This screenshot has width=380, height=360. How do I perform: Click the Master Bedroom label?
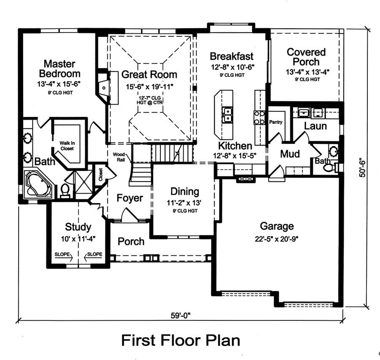tap(60, 69)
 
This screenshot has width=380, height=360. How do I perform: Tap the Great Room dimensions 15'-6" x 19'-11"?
tap(149, 87)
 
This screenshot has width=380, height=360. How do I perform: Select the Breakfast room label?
tap(231, 56)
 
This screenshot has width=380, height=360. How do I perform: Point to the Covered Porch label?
tap(306, 57)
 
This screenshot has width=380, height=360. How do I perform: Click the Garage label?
tap(277, 226)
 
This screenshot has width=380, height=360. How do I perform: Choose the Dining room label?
tap(185, 192)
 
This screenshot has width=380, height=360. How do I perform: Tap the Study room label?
tap(78, 227)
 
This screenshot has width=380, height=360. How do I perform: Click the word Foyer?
tap(130, 198)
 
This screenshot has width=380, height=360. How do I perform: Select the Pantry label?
tap(275, 122)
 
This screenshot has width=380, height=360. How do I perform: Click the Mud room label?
tap(290, 154)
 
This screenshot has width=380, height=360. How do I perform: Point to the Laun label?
tap(315, 126)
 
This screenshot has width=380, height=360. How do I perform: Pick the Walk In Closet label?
tap(67, 146)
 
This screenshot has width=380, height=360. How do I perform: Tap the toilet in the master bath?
tap(65, 191)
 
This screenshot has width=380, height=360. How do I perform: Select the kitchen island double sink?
tap(228, 114)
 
